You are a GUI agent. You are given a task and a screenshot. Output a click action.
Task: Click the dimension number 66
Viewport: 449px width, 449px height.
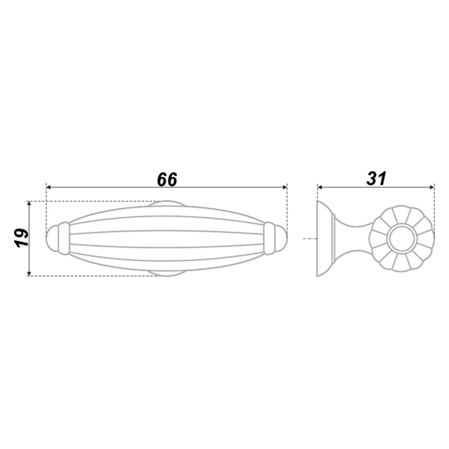[x=167, y=179]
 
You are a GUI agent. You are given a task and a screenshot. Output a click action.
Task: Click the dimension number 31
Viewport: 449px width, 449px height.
[x=377, y=179]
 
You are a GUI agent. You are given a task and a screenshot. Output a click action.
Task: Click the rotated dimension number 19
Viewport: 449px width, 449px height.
[x=22, y=238]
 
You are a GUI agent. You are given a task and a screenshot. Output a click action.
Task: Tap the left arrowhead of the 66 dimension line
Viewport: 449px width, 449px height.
[x=48, y=187]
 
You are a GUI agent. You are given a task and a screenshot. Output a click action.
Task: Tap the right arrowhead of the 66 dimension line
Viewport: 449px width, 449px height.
[x=285, y=187]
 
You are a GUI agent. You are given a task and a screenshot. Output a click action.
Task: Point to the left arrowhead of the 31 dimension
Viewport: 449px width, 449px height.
[x=320, y=187]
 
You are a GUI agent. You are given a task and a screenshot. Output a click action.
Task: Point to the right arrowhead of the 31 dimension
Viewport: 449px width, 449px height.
[x=432, y=187]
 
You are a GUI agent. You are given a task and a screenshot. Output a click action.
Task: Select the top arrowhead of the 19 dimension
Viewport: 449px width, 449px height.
[x=29, y=203]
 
